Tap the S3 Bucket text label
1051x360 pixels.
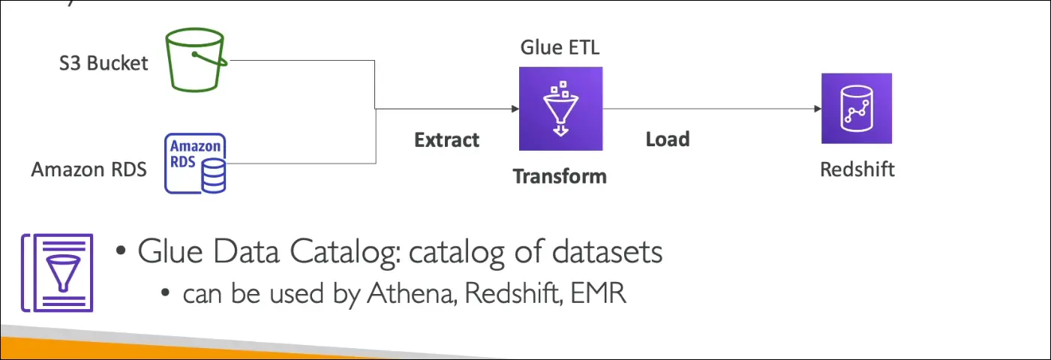pos(104,62)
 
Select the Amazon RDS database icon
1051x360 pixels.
pos(197,163)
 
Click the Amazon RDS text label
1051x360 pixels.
pos(89,169)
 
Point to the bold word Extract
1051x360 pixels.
pos(446,139)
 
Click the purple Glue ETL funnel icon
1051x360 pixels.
pos(560,108)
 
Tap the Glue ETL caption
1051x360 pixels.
pos(560,48)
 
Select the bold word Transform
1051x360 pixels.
pos(560,177)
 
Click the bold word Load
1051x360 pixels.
pos(667,139)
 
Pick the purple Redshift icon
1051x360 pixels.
pos(856,108)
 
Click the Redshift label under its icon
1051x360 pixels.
pos(857,169)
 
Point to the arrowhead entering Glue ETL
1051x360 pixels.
pos(514,109)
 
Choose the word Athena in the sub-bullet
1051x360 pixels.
pos(410,293)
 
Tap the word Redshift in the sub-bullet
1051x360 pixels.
pos(512,293)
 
